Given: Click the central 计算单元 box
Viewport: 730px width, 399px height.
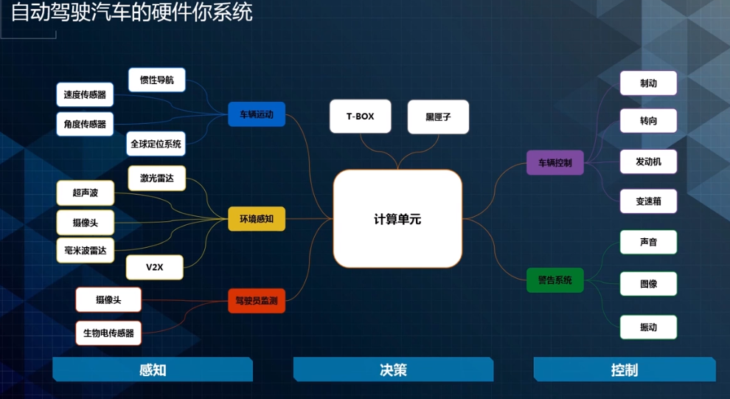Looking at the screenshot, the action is tap(397, 218).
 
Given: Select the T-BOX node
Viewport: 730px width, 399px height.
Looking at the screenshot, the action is tap(361, 117).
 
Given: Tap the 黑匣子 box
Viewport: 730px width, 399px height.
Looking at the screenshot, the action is tap(438, 117).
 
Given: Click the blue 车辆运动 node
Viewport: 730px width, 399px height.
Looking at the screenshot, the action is tap(257, 114).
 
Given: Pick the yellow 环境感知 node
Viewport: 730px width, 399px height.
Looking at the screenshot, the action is tap(257, 218).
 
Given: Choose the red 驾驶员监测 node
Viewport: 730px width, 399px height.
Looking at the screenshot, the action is tap(257, 300).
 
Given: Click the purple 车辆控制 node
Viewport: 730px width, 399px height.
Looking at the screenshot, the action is tap(555, 162).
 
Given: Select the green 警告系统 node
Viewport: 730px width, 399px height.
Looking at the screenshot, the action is tap(555, 280).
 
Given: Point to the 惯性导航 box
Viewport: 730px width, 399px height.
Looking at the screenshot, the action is tap(157, 80).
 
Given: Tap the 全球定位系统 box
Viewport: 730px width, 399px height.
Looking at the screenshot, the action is tap(156, 144).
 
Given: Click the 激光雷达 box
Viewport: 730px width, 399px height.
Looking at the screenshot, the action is tap(157, 178).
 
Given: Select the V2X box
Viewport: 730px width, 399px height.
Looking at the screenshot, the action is tap(155, 267).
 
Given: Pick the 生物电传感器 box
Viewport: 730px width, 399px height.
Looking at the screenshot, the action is tap(108, 333).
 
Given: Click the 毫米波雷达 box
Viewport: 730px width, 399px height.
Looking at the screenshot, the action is tap(86, 251).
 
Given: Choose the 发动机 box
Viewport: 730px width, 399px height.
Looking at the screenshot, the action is tap(648, 162).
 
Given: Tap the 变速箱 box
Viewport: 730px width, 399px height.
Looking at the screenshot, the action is tap(648, 201).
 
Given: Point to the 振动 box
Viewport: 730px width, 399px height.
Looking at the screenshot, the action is tap(648, 327).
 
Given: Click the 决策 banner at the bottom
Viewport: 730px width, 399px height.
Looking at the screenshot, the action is tap(393, 369).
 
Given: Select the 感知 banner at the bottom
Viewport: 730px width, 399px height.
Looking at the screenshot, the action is tap(153, 369).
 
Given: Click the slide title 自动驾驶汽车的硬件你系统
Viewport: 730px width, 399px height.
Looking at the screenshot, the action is tap(132, 13).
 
